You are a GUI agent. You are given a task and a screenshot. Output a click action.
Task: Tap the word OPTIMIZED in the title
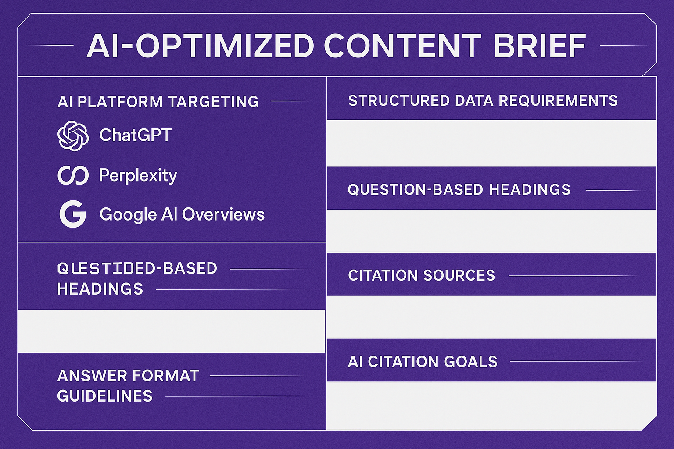225,46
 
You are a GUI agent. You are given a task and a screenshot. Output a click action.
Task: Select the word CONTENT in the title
403,46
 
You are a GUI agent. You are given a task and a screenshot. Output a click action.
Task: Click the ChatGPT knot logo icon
73,135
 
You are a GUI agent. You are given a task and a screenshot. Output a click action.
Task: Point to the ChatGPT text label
135,135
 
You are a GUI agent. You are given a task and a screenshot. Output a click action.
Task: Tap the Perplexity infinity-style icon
73,175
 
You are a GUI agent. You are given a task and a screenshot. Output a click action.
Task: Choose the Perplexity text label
138,175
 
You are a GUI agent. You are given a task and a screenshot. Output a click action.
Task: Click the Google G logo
73,214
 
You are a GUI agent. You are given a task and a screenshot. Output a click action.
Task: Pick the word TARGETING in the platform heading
213,102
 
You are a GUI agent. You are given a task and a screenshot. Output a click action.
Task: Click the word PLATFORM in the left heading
120,102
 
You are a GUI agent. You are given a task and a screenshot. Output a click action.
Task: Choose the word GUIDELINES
104,396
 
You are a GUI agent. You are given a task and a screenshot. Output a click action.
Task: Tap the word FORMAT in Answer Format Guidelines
165,376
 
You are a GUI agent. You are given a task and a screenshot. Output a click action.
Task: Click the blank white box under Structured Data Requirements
491,143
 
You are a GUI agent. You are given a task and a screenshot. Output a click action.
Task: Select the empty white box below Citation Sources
491,317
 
